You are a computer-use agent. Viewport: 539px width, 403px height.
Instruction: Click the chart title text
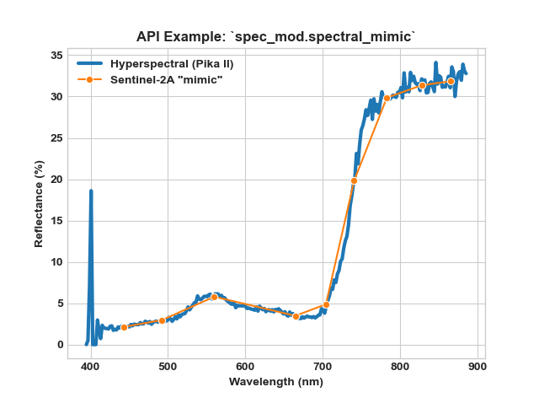[x=275, y=36]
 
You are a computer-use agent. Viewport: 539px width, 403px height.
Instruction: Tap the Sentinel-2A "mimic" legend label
[x=167, y=80]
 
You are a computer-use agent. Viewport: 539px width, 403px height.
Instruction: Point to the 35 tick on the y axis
[x=56, y=56]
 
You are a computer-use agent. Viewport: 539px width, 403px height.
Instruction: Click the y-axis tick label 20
[x=56, y=180]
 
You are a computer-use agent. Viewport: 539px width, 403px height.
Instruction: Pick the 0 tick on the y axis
[x=60, y=345]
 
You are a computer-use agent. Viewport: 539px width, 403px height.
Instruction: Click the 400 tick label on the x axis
[x=90, y=367]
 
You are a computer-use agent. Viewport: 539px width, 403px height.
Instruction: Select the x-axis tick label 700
[x=323, y=367]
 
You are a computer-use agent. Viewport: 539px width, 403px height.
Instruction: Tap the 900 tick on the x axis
[x=478, y=367]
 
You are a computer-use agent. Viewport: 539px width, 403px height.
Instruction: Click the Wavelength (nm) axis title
[x=276, y=382]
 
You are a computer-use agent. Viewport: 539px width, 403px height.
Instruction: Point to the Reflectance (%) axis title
[x=39, y=204]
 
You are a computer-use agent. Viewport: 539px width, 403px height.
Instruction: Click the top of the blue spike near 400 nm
[x=91, y=191]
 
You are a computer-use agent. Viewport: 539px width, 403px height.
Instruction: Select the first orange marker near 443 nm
[x=124, y=327]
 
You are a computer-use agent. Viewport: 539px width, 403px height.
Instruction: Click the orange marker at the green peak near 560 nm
[x=214, y=297]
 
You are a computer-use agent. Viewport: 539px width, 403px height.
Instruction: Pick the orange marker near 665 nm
[x=296, y=316]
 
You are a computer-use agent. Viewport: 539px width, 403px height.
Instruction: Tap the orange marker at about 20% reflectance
[x=354, y=180]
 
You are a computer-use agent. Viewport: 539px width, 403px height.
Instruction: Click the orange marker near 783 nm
[x=387, y=98]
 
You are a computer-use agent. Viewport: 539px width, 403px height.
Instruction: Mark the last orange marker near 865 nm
[x=451, y=81]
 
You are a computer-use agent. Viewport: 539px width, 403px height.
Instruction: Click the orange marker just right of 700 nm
[x=326, y=304]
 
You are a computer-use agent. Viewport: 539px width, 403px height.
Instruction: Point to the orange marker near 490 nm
[x=163, y=320]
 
